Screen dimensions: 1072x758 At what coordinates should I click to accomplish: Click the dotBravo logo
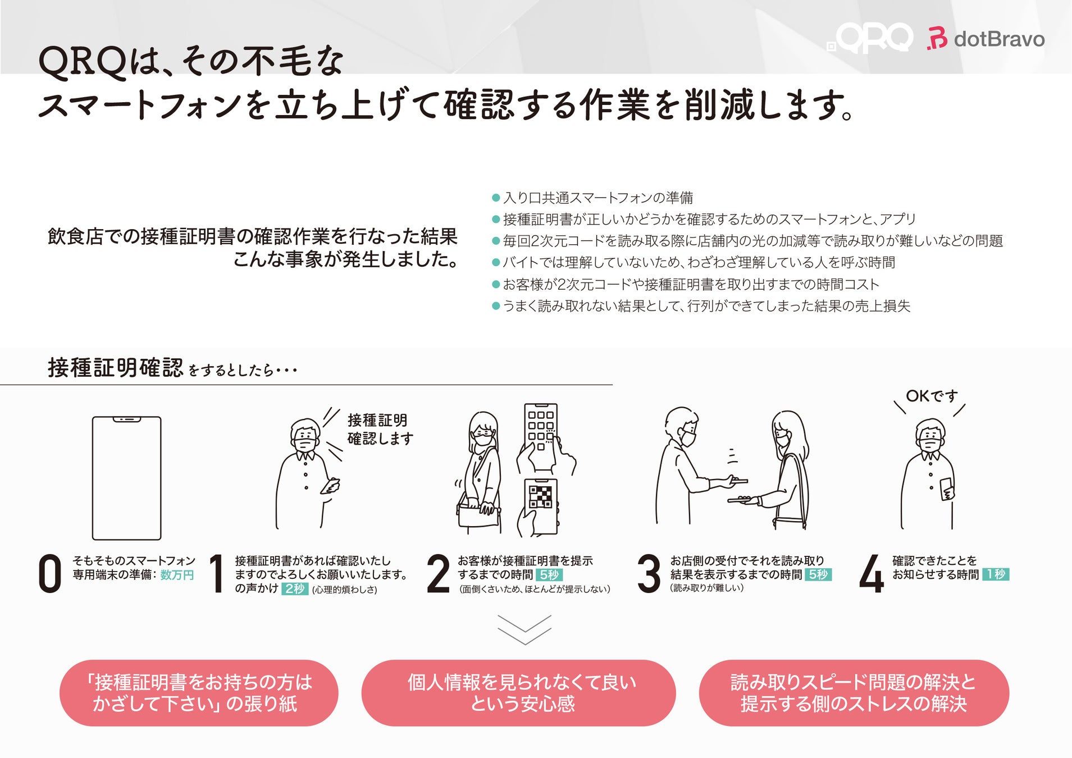pyautogui.click(x=986, y=39)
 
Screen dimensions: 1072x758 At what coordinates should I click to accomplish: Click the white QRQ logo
pyautogui.click(x=870, y=38)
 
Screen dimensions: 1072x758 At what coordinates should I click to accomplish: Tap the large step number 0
pyautogui.click(x=49, y=573)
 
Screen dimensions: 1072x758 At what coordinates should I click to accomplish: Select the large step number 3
pyautogui.click(x=649, y=573)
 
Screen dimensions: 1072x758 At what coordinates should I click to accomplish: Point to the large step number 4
pyautogui.click(x=872, y=573)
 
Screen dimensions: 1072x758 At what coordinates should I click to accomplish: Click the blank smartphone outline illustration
pyautogui.click(x=126, y=478)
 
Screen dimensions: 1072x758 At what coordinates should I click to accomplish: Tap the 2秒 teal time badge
pyautogui.click(x=295, y=588)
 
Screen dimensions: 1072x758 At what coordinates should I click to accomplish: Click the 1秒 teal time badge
pyautogui.click(x=996, y=574)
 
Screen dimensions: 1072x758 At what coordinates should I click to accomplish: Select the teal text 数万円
pyautogui.click(x=177, y=575)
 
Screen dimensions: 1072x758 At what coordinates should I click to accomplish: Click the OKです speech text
pyautogui.click(x=932, y=396)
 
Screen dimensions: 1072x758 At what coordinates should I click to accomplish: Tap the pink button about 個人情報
pyautogui.click(x=518, y=693)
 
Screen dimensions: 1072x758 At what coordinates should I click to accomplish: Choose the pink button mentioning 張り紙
pyautogui.click(x=199, y=693)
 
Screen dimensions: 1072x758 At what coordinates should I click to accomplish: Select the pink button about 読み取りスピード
pyautogui.click(x=854, y=693)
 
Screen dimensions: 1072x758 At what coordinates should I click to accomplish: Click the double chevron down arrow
pyautogui.click(x=524, y=630)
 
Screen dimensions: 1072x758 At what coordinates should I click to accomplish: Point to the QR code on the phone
pyautogui.click(x=540, y=496)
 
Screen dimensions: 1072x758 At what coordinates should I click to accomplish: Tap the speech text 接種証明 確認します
pyautogui.click(x=380, y=429)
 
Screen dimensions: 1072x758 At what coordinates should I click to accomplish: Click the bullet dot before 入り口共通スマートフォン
pyautogui.click(x=496, y=198)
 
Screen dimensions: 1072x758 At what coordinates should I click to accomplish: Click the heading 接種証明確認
pyautogui.click(x=115, y=368)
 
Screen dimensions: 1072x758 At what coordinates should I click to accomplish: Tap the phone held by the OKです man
pyautogui.click(x=946, y=488)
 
